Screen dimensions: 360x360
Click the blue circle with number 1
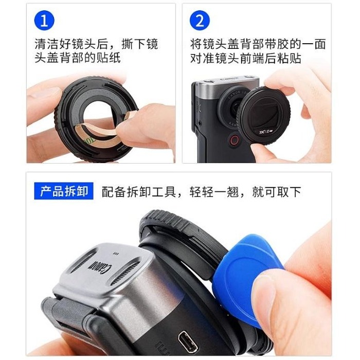click(x=44, y=21)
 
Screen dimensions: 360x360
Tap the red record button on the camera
click(x=235, y=140)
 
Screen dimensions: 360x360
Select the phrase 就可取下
click(x=277, y=192)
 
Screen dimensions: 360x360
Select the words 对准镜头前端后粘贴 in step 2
click(x=246, y=58)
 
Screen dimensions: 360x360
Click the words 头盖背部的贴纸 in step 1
click(x=77, y=58)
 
